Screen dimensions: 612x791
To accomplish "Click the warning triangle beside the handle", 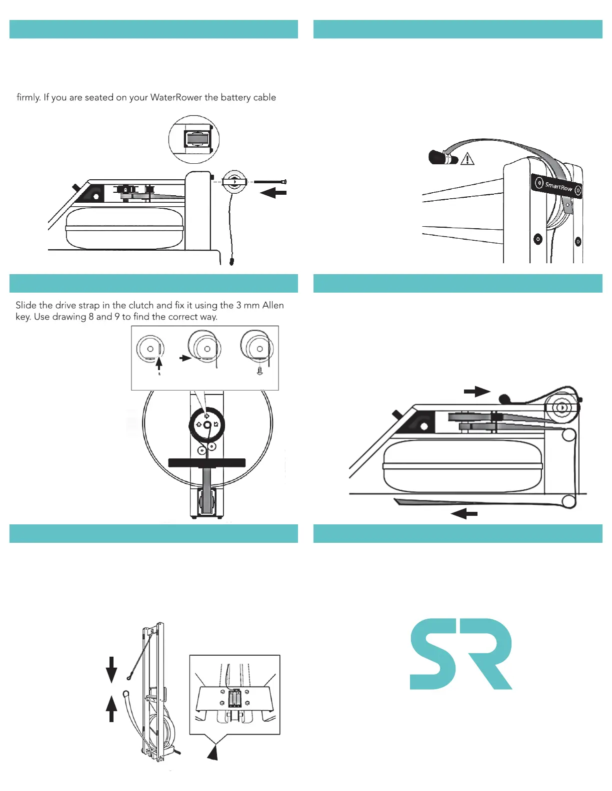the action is tap(467, 159).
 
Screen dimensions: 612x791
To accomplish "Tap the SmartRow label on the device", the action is tap(558, 187).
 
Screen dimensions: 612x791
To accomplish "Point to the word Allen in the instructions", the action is tap(273, 305).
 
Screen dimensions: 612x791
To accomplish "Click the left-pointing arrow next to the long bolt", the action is tap(273, 193).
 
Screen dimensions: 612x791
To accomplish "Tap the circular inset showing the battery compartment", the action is tap(194, 139).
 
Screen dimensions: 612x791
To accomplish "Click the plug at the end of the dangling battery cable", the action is tap(232, 261).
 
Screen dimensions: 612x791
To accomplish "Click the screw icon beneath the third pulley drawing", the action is tap(259, 371).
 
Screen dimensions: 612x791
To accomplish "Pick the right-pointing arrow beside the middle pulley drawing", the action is tap(185, 358).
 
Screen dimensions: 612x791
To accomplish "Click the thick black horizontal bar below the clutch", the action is tap(207, 463).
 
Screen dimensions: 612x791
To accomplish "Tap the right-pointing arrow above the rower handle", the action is tap(477, 392).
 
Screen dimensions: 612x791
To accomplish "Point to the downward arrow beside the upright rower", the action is tap(111, 669).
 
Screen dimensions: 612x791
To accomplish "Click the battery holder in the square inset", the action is tap(234, 698).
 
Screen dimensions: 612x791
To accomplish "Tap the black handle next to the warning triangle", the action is tap(442, 158).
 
